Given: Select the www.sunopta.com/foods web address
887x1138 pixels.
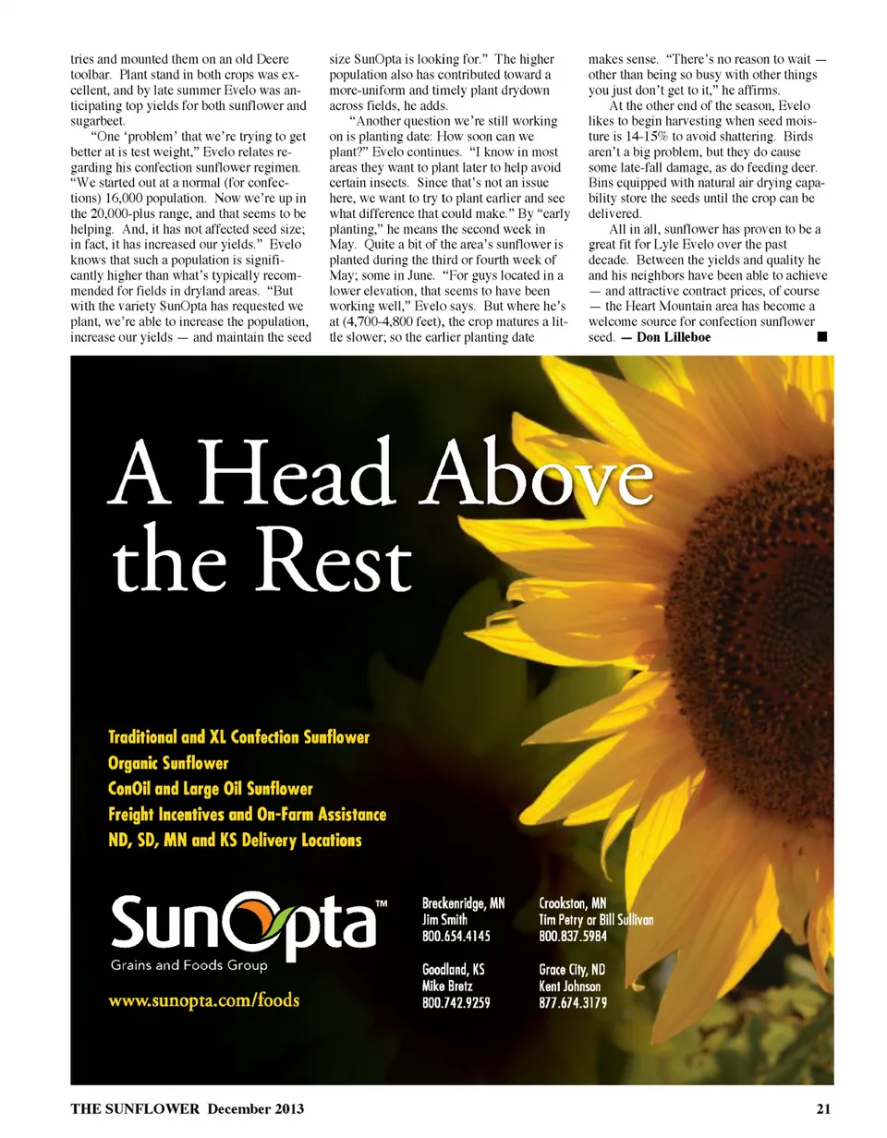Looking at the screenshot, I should pyautogui.click(x=204, y=1000).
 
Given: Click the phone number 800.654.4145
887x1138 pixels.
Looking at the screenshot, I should pyautogui.click(x=456, y=936).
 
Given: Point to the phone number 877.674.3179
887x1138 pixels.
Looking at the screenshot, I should pyautogui.click(x=572, y=1003).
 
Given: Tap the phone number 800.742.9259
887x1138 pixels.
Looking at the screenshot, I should pyautogui.click(x=456, y=1003).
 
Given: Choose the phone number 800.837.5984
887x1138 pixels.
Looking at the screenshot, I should pyautogui.click(x=572, y=936).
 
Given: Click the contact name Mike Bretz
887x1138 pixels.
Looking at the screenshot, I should pyautogui.click(x=449, y=987).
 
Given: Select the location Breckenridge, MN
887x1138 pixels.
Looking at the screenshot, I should pyautogui.click(x=464, y=902).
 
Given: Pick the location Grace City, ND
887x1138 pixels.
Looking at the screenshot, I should pyautogui.click(x=572, y=970).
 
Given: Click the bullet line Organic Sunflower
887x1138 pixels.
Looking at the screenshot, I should pyautogui.click(x=168, y=763).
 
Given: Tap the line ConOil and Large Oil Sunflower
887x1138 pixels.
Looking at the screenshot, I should pyautogui.click(x=211, y=789).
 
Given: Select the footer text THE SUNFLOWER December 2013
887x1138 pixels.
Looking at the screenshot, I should pyautogui.click(x=188, y=1108).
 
